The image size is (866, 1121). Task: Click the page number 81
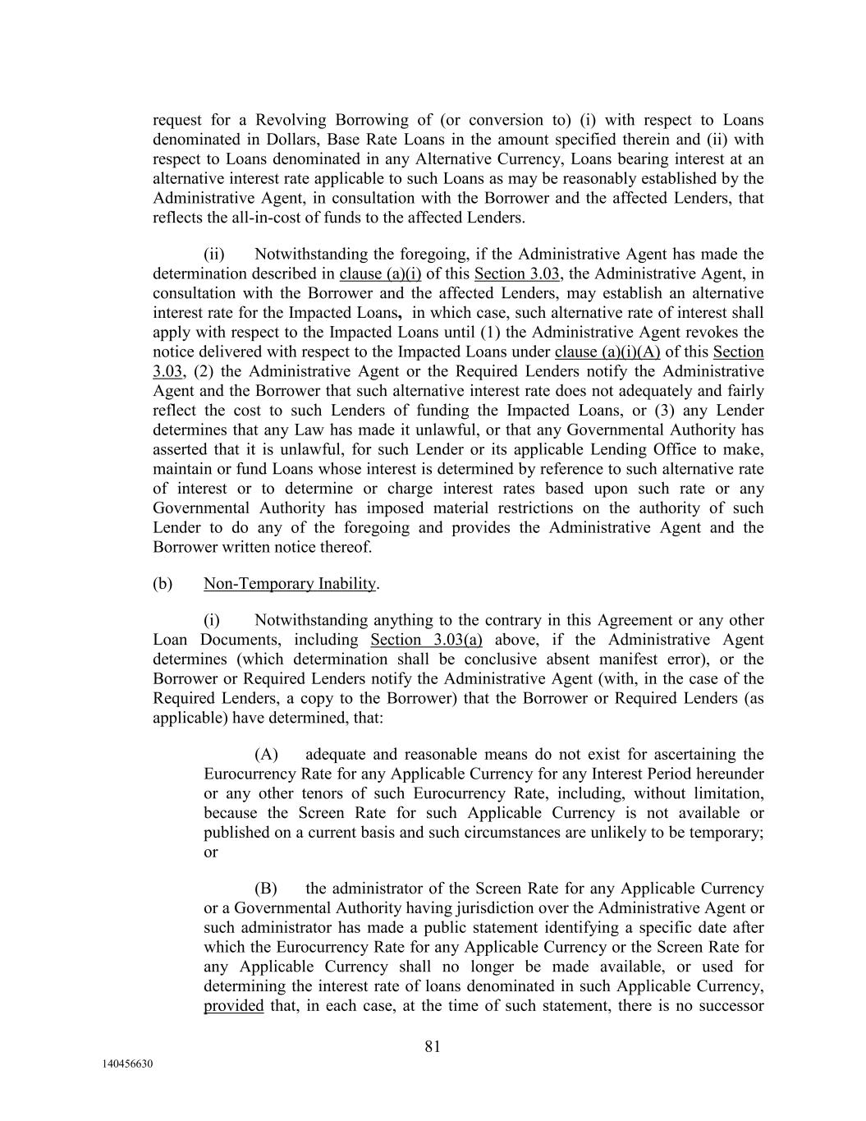click(x=433, y=1046)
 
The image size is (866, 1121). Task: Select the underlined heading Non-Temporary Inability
click(x=291, y=584)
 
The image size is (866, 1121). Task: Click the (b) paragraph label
click(x=163, y=584)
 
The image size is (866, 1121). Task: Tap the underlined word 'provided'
click(x=233, y=1006)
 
